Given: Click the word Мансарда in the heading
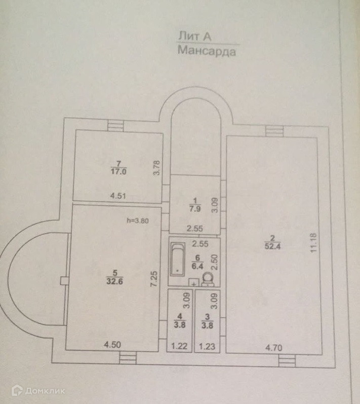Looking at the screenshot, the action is click(x=207, y=51).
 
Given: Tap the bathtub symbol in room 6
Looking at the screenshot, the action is click(x=177, y=259).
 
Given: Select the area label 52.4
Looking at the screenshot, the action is click(x=272, y=247).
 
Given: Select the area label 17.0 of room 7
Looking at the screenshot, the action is click(x=118, y=171).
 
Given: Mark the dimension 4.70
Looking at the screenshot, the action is click(x=274, y=348).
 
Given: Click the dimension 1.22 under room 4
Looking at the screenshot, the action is click(x=177, y=347).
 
